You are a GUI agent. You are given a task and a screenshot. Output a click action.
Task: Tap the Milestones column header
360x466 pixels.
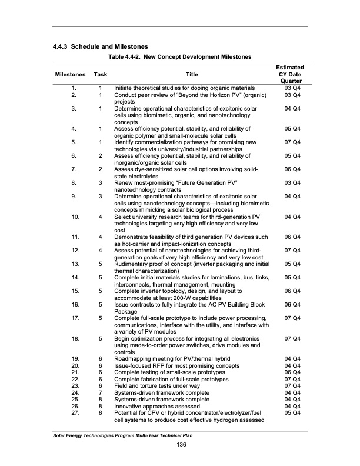point(71,75)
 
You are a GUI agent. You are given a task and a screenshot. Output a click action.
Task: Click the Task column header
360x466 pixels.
point(101,75)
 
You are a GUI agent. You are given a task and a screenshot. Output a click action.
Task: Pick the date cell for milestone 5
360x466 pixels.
point(292,142)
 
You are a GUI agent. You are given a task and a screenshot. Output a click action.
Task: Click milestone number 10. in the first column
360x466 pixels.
point(75,217)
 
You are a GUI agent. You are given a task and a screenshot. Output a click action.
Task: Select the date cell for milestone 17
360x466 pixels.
point(292,318)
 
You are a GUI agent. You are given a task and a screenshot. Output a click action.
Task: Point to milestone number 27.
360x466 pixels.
point(75,412)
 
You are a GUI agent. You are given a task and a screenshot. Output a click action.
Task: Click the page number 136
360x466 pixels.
point(179,443)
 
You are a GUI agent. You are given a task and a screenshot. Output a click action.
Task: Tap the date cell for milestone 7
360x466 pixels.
point(292,169)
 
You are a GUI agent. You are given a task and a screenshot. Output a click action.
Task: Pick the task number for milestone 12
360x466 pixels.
point(101,251)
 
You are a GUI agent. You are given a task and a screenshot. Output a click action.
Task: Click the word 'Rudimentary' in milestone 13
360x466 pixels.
point(132,264)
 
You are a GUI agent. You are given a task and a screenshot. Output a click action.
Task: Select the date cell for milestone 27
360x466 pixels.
point(292,412)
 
